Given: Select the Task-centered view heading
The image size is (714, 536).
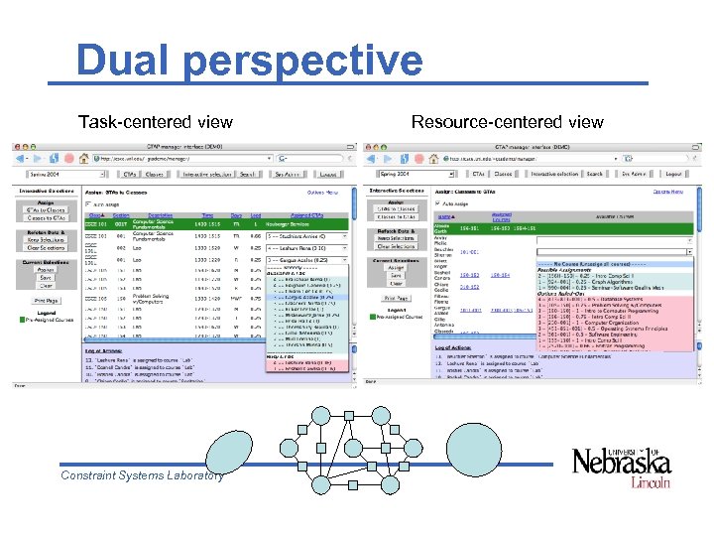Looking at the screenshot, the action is [156, 122].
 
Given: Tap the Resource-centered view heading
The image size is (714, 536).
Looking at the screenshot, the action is [507, 122].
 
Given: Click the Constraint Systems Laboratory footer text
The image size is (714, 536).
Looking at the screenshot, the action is [142, 475].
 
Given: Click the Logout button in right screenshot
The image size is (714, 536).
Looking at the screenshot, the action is [674, 174].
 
